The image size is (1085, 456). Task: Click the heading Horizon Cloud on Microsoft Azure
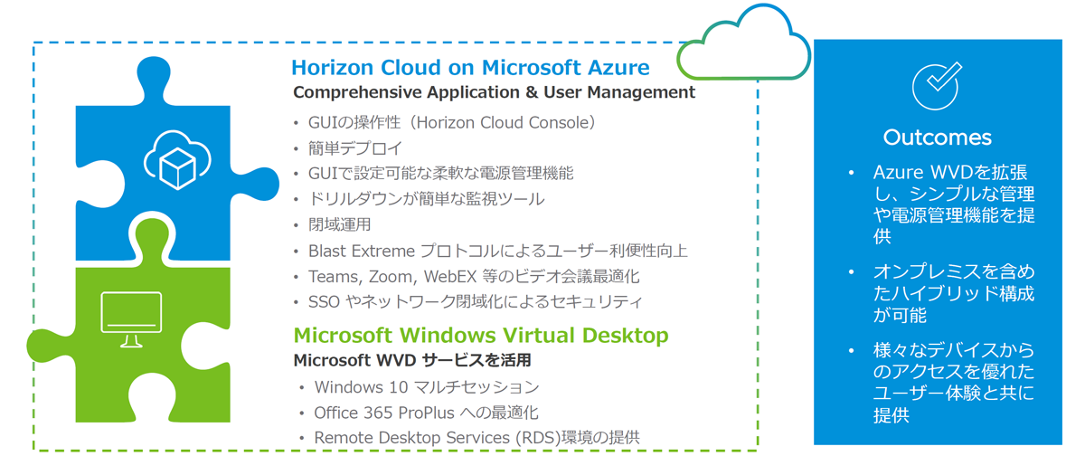tap(470, 68)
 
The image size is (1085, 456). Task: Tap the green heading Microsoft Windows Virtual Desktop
tap(481, 336)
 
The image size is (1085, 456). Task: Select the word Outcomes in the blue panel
tap(938, 138)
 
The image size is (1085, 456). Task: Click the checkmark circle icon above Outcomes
tap(936, 86)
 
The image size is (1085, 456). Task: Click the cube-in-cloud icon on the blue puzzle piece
tap(177, 160)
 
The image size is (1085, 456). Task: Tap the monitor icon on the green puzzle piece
tap(131, 319)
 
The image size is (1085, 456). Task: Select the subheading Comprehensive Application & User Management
tap(494, 92)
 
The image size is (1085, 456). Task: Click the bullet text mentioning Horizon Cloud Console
tap(451, 123)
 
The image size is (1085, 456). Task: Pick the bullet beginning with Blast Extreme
tap(498, 251)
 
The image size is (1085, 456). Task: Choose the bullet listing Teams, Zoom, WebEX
tap(474, 277)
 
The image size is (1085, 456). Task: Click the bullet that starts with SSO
tap(476, 302)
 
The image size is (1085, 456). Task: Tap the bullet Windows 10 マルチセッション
tap(427, 387)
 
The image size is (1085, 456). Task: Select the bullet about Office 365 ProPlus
tap(426, 413)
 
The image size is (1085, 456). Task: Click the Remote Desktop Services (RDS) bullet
tap(477, 438)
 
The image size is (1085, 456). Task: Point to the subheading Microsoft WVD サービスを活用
tap(412, 360)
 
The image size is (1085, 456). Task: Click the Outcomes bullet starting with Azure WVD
tap(954, 204)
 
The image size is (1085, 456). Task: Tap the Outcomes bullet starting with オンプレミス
tap(954, 293)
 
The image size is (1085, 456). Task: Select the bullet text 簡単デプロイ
tap(355, 148)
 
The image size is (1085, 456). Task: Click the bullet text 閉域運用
tap(340, 225)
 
